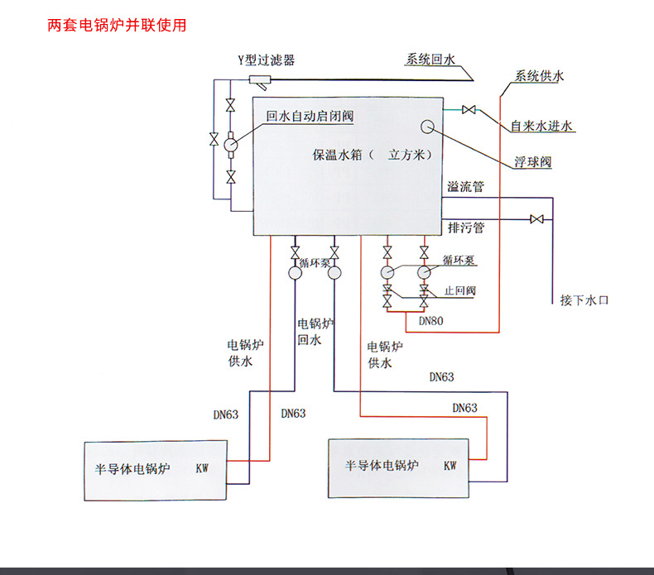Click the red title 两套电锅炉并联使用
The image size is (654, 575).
[x=117, y=25]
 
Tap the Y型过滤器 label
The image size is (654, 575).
[x=266, y=60]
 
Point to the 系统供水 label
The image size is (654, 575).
[x=539, y=76]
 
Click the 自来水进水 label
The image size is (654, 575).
[x=541, y=127]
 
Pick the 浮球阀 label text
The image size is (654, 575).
[x=532, y=163]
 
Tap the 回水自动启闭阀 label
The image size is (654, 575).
[x=309, y=117]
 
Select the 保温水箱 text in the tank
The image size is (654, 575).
[x=339, y=155]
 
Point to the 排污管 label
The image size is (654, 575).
[x=465, y=227]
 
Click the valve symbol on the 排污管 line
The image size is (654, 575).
[x=536, y=219]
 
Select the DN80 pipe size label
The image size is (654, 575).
[x=430, y=320]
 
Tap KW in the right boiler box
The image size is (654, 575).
[x=450, y=465]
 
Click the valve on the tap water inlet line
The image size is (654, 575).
[x=469, y=109]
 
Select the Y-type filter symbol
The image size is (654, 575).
[x=260, y=80]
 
